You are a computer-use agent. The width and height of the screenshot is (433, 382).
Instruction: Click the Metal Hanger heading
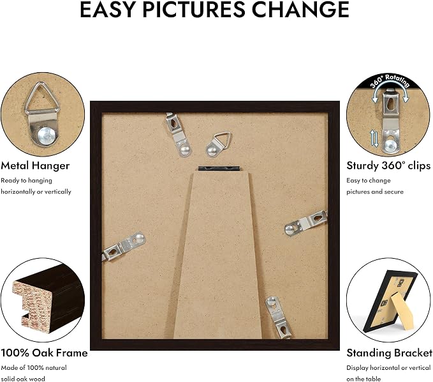[x=35, y=165]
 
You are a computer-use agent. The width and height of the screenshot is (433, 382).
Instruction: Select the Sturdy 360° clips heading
[x=388, y=165]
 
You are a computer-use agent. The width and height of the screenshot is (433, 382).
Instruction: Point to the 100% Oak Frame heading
[x=44, y=353]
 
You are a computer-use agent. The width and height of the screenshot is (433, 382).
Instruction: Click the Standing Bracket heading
[x=390, y=353]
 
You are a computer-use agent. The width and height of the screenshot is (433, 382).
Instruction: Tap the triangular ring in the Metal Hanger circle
[x=42, y=98]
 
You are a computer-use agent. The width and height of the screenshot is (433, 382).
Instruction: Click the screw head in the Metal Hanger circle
[x=48, y=136]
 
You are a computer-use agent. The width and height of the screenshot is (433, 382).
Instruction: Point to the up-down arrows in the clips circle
[x=374, y=139]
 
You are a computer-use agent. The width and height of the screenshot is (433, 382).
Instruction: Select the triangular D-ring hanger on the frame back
[x=218, y=144]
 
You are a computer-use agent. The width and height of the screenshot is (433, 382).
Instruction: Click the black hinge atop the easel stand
[x=219, y=169]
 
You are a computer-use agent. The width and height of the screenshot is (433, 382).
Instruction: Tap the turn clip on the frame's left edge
[x=123, y=247]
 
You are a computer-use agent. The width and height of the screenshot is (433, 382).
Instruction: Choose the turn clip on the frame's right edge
[x=306, y=223]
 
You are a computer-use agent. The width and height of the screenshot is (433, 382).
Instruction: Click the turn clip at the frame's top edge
[x=179, y=134]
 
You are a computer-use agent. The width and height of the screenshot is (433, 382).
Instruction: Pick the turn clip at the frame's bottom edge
[x=278, y=317]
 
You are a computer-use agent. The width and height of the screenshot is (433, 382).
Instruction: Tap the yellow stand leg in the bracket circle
[x=402, y=311]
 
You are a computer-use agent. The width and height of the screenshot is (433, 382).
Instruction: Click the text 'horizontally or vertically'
[x=36, y=192]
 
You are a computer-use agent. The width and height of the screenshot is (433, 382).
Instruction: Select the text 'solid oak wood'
[x=23, y=379]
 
